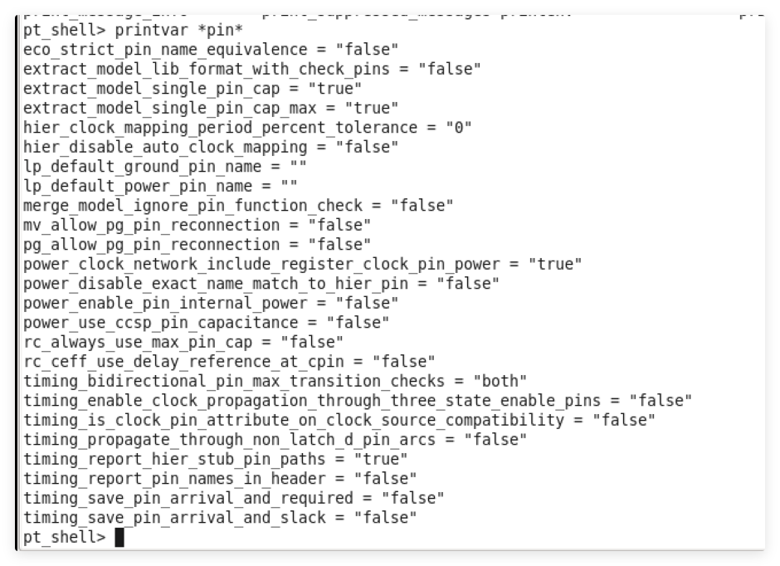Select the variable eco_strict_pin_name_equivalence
click(x=163, y=50)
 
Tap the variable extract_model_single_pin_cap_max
click(x=173, y=108)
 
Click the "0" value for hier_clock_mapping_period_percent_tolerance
click(x=457, y=128)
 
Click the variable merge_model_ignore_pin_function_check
click(x=193, y=206)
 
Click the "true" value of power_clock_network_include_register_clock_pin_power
click(x=552, y=264)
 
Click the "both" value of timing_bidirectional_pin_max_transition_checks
click(x=500, y=381)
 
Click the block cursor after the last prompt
click(x=119, y=538)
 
